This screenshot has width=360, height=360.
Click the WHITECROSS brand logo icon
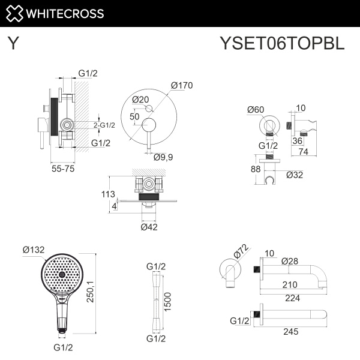click(x=16, y=13)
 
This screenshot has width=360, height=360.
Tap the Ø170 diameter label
click(x=181, y=85)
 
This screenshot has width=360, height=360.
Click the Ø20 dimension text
click(x=140, y=100)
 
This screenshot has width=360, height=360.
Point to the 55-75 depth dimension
click(x=63, y=170)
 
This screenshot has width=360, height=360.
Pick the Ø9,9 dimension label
click(x=164, y=157)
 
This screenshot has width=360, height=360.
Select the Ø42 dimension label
click(x=149, y=227)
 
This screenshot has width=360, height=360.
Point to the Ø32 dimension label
click(x=295, y=175)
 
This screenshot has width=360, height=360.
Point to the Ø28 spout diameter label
click(x=291, y=261)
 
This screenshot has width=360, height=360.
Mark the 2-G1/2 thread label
click(x=104, y=125)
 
